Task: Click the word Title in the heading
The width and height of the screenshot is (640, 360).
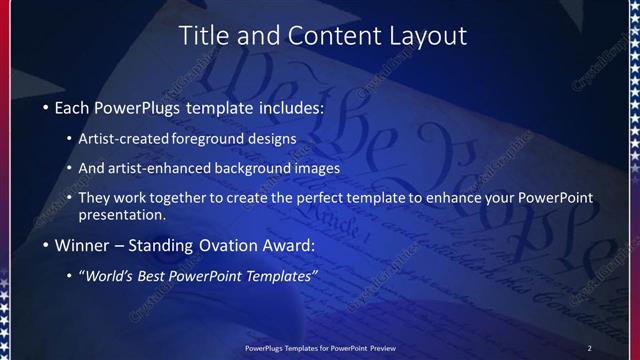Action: [x=203, y=36]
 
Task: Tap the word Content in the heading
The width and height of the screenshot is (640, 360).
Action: [x=325, y=36]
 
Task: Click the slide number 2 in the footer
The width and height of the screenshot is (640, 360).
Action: [x=590, y=347]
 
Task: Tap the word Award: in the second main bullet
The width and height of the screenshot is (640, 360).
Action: [x=287, y=244]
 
